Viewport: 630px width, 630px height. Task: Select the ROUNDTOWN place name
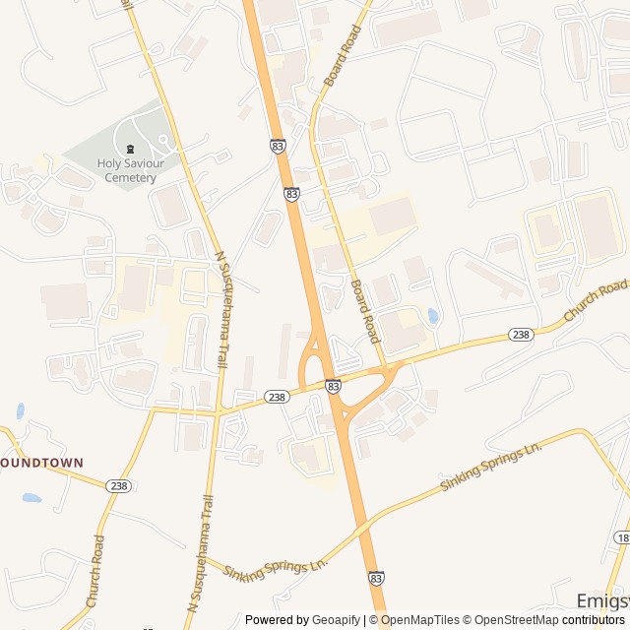tap(42, 462)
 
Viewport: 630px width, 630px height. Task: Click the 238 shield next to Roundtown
tap(119, 485)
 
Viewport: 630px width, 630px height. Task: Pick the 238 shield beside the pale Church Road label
tap(521, 335)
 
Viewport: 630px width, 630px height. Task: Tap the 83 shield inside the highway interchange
tap(333, 387)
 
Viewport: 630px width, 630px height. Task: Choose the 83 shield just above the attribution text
tap(376, 580)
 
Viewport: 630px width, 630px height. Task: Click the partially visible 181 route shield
tap(623, 537)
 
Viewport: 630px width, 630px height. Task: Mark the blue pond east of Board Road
tap(433, 316)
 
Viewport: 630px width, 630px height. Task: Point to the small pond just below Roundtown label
tap(31, 498)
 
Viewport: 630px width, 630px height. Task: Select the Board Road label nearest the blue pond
tap(365, 311)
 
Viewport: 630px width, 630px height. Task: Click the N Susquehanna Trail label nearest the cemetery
tap(222, 295)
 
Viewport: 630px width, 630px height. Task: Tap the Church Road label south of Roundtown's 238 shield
tap(95, 570)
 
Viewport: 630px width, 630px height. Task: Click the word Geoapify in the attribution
tap(336, 620)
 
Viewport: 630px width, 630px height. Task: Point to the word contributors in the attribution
tap(596, 620)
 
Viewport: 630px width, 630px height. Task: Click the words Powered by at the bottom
tap(277, 620)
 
